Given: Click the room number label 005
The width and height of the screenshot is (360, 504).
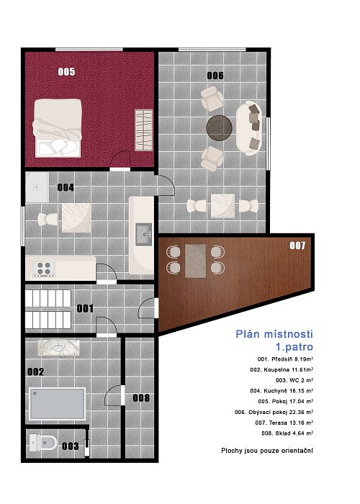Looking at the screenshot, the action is coord(66,72).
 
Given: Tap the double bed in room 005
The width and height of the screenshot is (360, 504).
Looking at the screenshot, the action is coord(57,128).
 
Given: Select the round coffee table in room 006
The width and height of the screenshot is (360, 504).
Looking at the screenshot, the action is coord(219,127).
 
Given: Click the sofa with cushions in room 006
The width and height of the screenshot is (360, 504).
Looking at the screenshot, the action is coord(249,128).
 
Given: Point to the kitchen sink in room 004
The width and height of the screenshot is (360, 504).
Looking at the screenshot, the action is coord(144,234).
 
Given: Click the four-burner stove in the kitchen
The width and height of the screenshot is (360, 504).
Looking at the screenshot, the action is coord(44,269).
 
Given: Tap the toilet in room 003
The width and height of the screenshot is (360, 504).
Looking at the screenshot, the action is coord(43,443).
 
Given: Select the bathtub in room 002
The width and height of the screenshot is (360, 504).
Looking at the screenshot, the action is coord(57,404).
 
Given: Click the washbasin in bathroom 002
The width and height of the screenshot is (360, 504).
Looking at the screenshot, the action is coord(58,348).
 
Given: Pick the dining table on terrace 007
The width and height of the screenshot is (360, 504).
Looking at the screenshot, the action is coord(195,261).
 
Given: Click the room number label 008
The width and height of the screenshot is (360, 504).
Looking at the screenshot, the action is coord(141,398).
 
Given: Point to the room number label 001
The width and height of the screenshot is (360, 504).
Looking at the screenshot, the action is coord(85,309).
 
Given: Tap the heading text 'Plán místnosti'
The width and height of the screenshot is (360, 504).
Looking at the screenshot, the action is coord(274,334).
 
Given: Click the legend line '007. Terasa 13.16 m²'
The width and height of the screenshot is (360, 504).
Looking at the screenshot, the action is coord(284,423).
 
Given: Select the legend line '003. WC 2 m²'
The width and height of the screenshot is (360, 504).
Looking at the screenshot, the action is coord(294,380).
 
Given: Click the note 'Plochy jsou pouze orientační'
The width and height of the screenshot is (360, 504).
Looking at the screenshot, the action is coord(267,451).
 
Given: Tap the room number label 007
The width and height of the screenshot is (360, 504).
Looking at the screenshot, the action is coord(297,246).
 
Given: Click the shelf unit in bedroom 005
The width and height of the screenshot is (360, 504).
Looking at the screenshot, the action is coord(144,130).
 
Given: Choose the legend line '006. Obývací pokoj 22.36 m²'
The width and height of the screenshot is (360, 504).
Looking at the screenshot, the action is coord(274,412).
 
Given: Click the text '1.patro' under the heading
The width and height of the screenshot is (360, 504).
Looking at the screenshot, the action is coord(294,348).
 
